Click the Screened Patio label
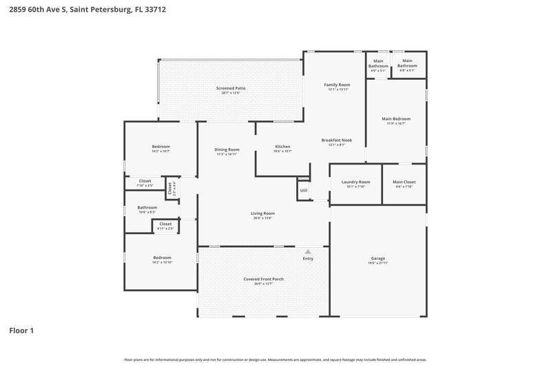(231, 88)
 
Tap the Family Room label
(337, 85)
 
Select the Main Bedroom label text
(396, 118)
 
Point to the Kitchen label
(283, 147)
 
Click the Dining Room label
(227, 149)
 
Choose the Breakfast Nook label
(337, 140)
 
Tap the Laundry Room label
(356, 182)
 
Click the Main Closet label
(404, 182)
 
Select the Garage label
(377, 259)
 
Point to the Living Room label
(262, 213)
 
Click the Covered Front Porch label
(263, 279)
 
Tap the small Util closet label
(304, 190)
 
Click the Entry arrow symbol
(308, 252)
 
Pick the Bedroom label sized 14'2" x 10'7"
(161, 147)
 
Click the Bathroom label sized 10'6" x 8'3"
(147, 207)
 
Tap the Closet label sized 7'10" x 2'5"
(145, 181)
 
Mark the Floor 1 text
(21, 331)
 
